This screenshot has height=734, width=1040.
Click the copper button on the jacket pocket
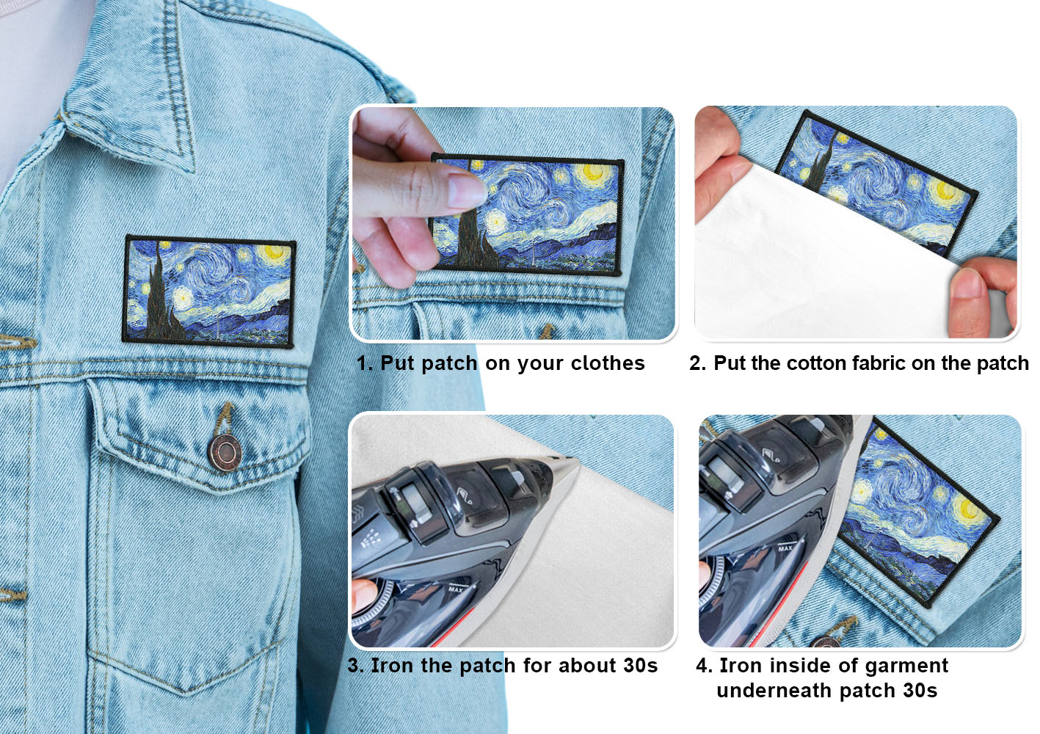click(x=225, y=452)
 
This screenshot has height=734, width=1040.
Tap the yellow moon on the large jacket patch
click(x=272, y=253)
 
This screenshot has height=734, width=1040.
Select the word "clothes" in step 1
click(x=607, y=363)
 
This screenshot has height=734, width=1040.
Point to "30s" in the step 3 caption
click(x=640, y=666)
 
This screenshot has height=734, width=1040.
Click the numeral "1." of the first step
click(x=365, y=363)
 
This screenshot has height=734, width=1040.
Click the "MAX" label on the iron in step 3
click(x=456, y=589)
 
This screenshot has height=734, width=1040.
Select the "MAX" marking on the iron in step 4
click(x=785, y=548)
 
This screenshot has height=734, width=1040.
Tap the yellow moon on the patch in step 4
click(x=969, y=509)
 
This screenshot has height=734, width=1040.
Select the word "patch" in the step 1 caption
click(x=449, y=364)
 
